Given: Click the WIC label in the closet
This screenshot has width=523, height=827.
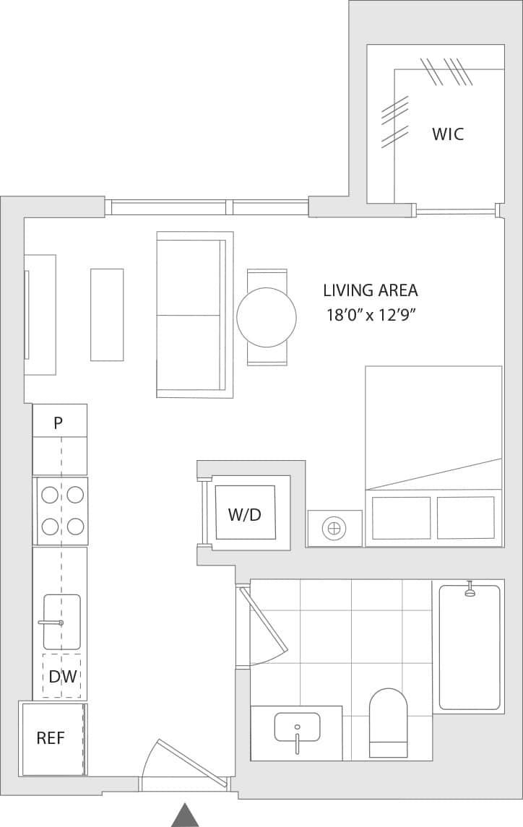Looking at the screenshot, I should tap(448, 134).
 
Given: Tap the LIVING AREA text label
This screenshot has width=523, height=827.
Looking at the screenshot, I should tap(370, 290).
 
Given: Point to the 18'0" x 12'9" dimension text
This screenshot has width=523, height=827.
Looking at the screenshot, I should tap(372, 315).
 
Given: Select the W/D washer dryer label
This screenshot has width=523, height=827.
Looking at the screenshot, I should tap(245, 515).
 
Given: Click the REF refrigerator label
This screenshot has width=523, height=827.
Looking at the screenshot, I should tap(51, 738).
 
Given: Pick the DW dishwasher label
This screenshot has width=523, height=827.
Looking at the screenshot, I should tap(62, 677).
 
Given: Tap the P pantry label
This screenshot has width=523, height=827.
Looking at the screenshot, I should tap(59, 423).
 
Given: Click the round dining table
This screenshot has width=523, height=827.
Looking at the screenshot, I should tap(267, 317).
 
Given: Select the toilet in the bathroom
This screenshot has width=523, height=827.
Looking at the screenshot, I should tap(389, 722).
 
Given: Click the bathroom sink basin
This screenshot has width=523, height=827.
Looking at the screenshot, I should tap(297, 727).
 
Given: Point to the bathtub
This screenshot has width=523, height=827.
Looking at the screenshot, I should tap(470, 647).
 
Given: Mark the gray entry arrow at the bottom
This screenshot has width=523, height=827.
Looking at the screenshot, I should tap(185, 815).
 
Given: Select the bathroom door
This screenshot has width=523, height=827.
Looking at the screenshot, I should tap(266, 621).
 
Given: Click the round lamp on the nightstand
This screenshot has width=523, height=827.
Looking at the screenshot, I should tap(333, 529).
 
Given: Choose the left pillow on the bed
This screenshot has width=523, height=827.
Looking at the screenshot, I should tap(401, 518).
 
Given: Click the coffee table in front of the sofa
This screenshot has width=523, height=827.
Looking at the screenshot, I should tap(107, 315).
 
